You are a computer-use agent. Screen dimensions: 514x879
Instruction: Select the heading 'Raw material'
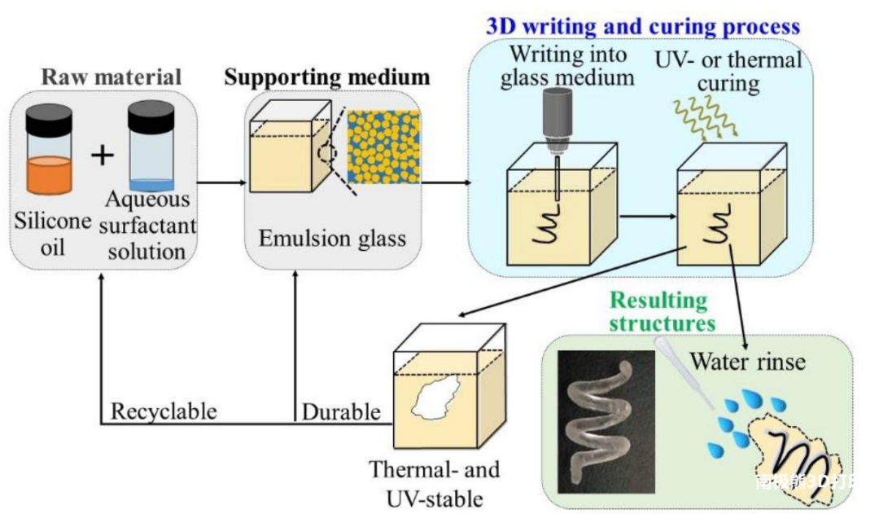pos(112,78)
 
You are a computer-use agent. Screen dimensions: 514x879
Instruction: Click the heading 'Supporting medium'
pos(326,78)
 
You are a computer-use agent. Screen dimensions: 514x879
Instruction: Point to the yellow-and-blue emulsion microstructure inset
pos(384,147)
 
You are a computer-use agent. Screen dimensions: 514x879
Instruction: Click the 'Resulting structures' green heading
pos(658,311)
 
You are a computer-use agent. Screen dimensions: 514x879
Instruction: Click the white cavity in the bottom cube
pos(437,400)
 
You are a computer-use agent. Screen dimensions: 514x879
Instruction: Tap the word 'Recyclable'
pos(164,411)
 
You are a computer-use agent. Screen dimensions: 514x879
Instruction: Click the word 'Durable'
pos(341,412)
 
